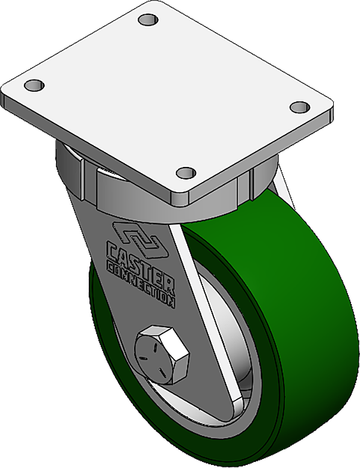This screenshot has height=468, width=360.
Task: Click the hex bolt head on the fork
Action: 162,355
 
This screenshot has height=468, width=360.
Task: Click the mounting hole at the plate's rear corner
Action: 147,20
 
